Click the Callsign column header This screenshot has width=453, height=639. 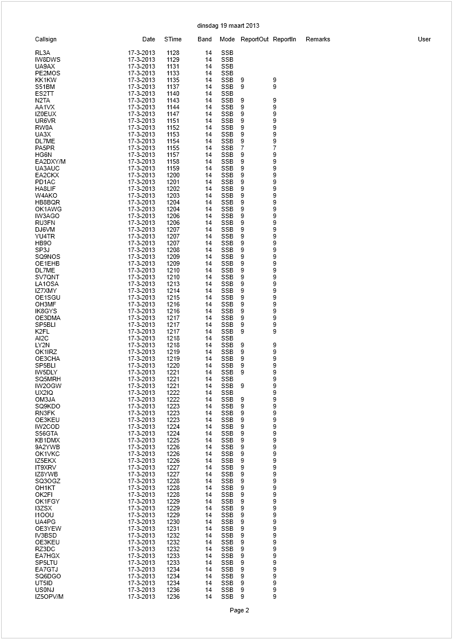pyautogui.click(x=46, y=40)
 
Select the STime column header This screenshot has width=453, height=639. pyautogui.click(x=173, y=40)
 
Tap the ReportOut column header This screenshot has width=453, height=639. pyautogui.click(x=254, y=40)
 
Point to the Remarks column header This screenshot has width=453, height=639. pyautogui.click(x=318, y=40)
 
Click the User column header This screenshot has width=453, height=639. pyautogui.click(x=424, y=40)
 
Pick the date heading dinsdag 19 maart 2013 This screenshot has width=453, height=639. pyautogui.click(x=228, y=25)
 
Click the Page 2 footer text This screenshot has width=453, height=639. pyautogui.click(x=239, y=610)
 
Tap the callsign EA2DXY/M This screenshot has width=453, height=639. pyautogui.click(x=50, y=162)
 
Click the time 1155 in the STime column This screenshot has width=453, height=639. pyautogui.click(x=173, y=148)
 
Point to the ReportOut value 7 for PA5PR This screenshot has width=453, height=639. pyautogui.click(x=242, y=148)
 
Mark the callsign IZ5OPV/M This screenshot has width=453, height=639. pyautogui.click(x=49, y=597)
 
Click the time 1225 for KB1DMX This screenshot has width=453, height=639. pyautogui.click(x=173, y=441)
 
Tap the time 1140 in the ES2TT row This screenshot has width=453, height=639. pyautogui.click(x=173, y=94)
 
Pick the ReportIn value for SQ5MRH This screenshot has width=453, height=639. pyautogui.click(x=275, y=380)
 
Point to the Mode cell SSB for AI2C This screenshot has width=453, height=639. pyautogui.click(x=227, y=339)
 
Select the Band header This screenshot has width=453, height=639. pyautogui.click(x=205, y=40)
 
